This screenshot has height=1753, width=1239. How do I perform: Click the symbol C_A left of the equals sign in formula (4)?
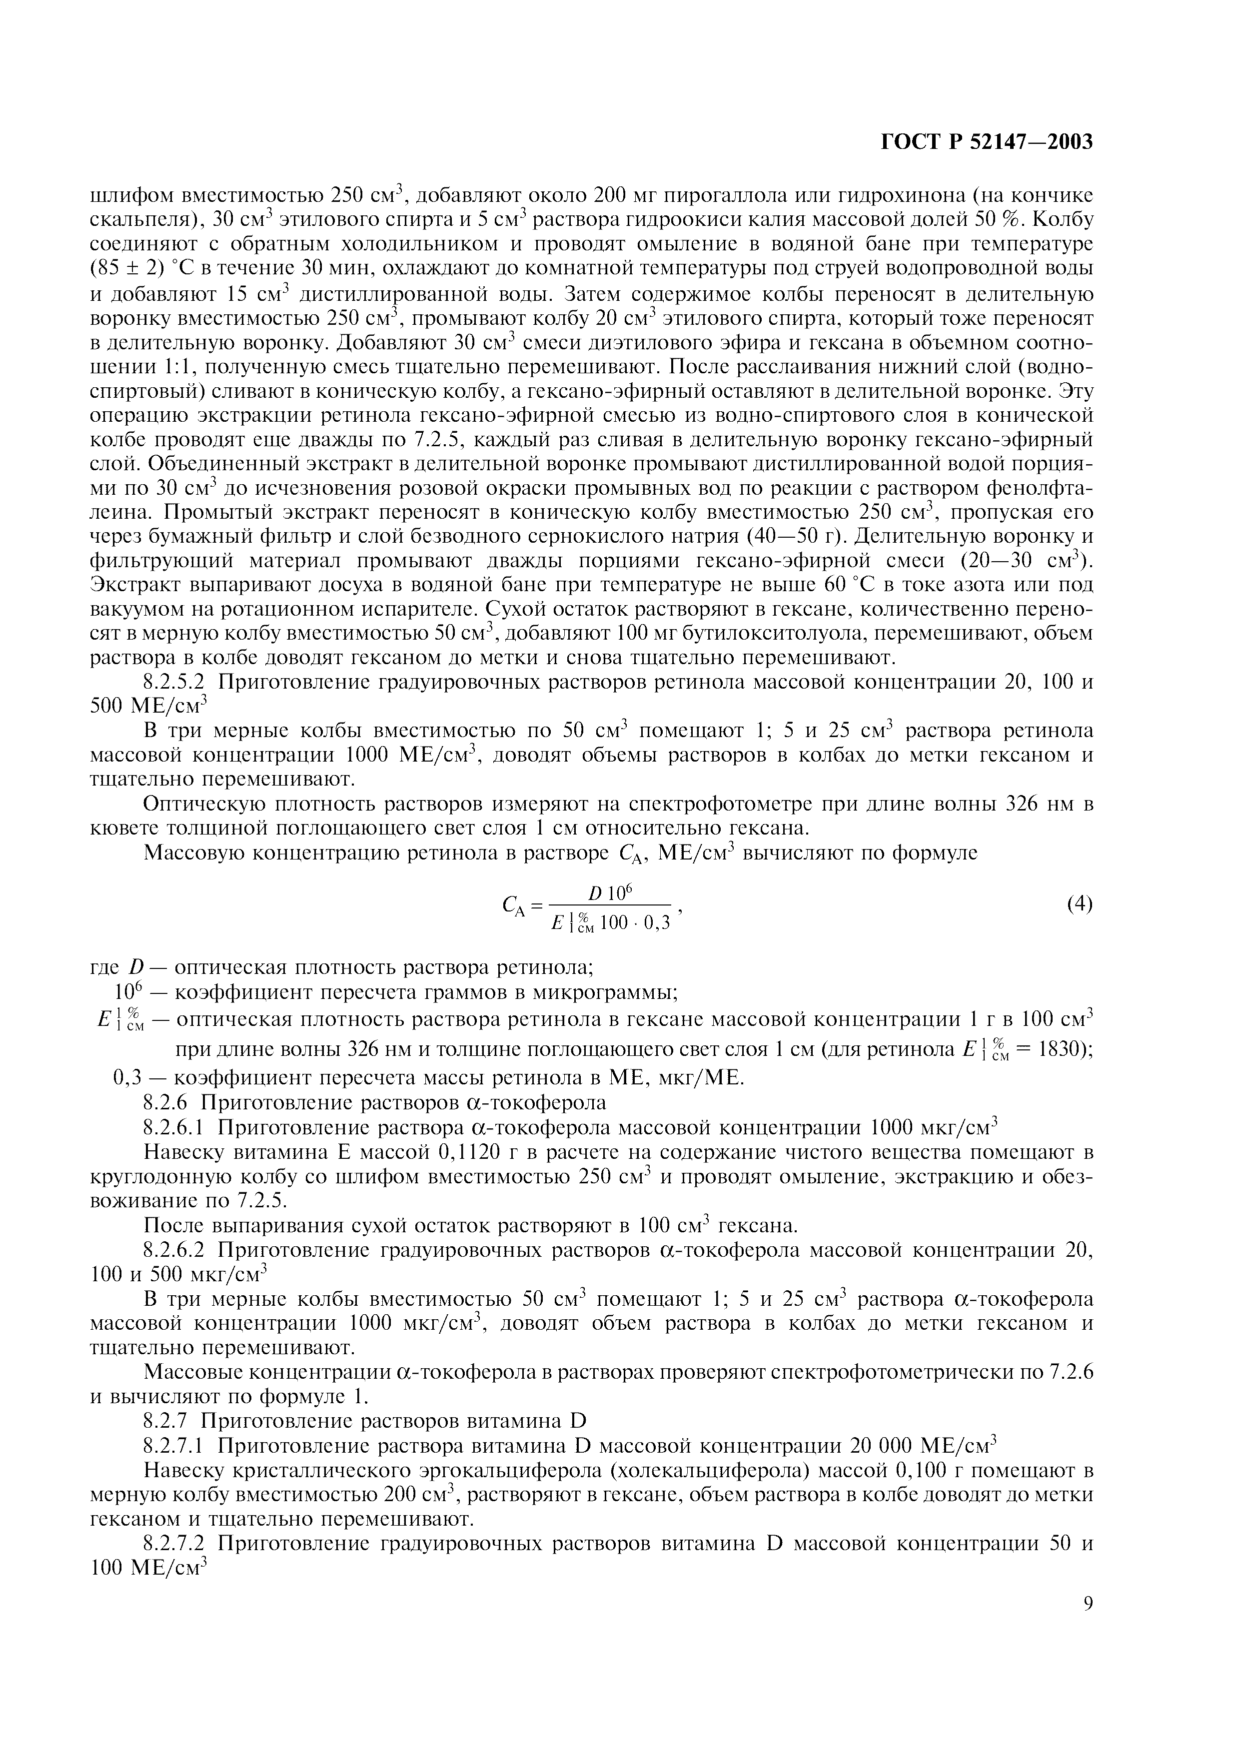[x=511, y=906]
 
